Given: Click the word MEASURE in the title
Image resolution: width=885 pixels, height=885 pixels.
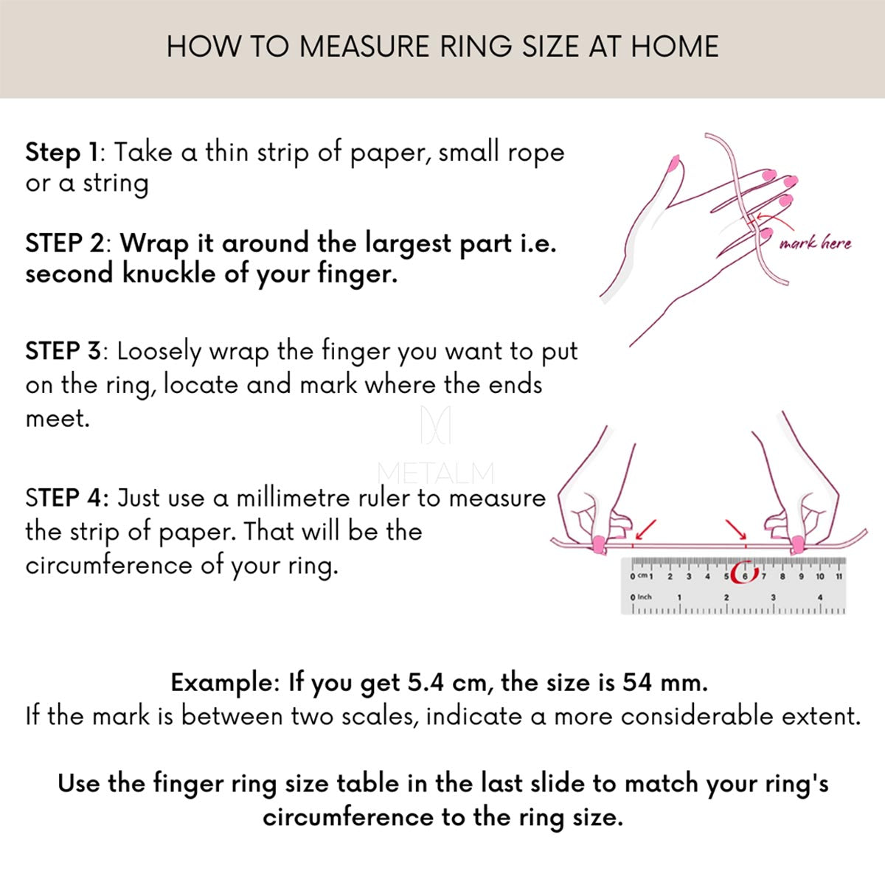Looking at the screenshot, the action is [x=365, y=47].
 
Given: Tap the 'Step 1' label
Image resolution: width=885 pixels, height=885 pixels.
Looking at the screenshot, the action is [x=61, y=152].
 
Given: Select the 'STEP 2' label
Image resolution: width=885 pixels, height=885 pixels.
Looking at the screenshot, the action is [x=65, y=243].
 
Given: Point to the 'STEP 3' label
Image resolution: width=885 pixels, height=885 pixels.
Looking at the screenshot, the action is [x=63, y=351].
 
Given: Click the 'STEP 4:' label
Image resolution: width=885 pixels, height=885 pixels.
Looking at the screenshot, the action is [x=67, y=498].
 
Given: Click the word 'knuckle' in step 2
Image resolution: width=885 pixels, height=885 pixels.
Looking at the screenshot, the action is [x=169, y=274].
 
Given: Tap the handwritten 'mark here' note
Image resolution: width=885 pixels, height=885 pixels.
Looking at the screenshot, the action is [x=815, y=242].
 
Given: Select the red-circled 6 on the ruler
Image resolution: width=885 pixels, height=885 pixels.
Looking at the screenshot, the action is [x=745, y=576].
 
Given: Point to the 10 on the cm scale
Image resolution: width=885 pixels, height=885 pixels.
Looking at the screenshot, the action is [x=820, y=577].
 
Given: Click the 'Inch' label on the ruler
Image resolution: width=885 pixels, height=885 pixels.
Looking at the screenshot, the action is [x=645, y=597].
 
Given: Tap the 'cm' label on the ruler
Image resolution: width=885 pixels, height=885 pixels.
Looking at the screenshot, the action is [x=642, y=575].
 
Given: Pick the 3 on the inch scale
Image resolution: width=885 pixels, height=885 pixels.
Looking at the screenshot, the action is [x=773, y=597].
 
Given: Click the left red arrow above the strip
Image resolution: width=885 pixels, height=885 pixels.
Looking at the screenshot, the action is [x=646, y=530].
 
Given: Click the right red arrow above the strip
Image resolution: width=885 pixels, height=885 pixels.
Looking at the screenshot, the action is [x=736, y=530].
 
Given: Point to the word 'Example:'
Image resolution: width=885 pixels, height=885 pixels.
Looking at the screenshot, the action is [x=225, y=684].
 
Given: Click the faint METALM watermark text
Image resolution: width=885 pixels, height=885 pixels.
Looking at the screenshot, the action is [x=435, y=473].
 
